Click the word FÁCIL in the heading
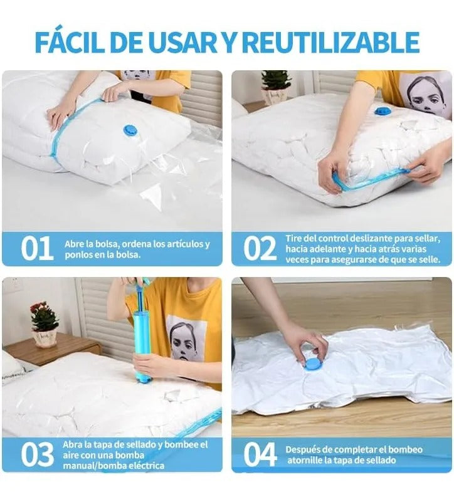(x=70, y=41)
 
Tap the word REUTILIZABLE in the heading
(x=330, y=42)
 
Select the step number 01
(x=37, y=248)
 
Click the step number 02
(x=260, y=248)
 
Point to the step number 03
(x=37, y=454)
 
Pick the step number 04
(x=260, y=454)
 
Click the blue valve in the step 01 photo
(x=130, y=130)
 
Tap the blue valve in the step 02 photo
(x=381, y=111)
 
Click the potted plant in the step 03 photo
(x=45, y=324)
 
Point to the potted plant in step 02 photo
(x=275, y=86)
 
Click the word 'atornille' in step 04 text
(x=304, y=460)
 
